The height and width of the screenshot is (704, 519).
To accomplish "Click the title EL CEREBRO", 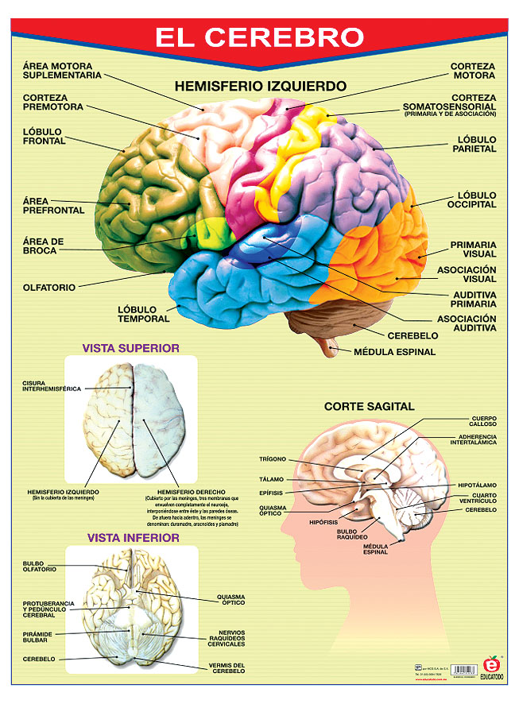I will tap(259, 37).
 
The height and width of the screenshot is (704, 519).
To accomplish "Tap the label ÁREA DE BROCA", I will tap(44, 246).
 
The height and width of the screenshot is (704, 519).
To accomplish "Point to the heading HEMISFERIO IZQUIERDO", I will tap(260, 85).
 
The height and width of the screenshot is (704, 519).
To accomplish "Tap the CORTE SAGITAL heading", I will tap(369, 406).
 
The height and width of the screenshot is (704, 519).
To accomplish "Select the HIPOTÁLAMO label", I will tap(477, 485).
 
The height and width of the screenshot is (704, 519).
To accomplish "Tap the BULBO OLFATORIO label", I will tap(40, 567).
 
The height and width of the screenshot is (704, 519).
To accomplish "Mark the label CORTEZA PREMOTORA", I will tap(53, 102).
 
